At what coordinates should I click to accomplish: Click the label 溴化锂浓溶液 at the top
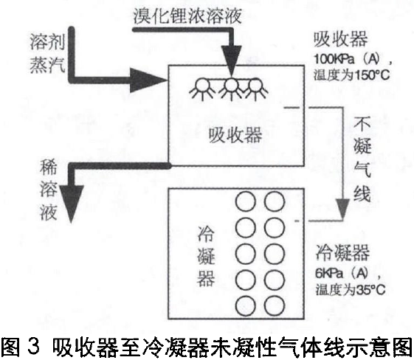187,15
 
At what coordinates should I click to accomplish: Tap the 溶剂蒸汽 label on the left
47,53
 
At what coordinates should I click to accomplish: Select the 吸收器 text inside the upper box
235,135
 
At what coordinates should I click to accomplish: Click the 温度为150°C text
351,75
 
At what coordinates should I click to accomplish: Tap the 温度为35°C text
351,289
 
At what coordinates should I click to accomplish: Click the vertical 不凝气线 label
362,159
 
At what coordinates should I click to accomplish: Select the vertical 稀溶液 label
48,190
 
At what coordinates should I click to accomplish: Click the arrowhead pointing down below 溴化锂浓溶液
231,60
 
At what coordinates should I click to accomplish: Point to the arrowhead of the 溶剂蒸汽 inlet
148,80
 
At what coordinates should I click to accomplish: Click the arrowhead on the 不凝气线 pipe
342,209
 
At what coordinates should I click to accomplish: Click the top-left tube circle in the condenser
246,201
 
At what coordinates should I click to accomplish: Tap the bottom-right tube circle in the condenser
275,305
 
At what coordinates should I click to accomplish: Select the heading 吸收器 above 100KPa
341,40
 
